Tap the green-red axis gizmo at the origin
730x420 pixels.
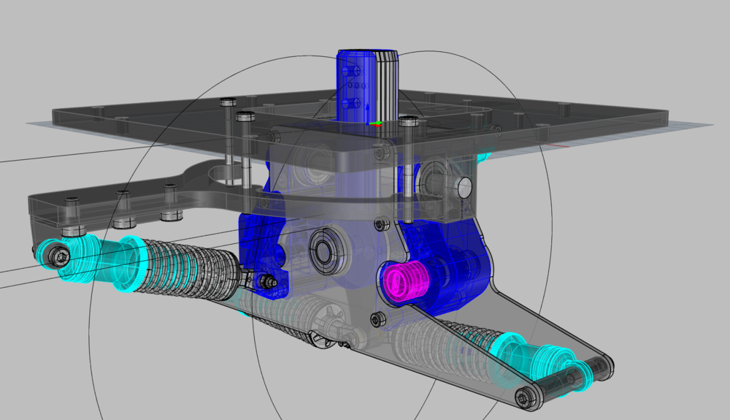pyautogui.click(x=375, y=123)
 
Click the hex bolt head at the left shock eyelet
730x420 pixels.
pyautogui.click(x=60, y=256)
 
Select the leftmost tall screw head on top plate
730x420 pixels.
pyautogui.click(x=227, y=102)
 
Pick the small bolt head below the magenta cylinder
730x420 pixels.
pyautogui.click(x=377, y=318)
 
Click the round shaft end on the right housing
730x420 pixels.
pyautogui.click(x=464, y=188)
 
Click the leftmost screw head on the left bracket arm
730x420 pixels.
pyautogui.click(x=71, y=201)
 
